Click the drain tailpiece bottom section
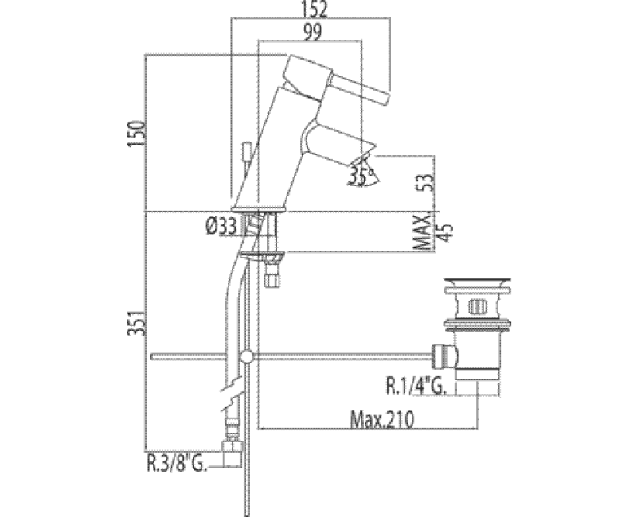coord(477,387)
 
